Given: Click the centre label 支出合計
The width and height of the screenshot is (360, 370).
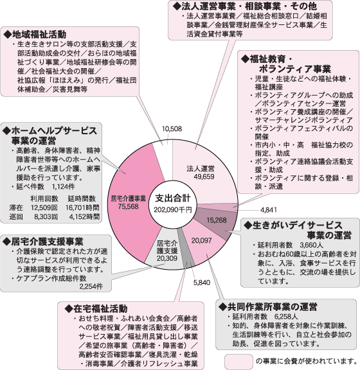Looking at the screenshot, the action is tap(173, 198).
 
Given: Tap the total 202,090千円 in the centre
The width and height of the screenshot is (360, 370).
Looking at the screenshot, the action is tap(173, 209).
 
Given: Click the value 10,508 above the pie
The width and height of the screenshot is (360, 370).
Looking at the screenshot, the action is tap(172, 129).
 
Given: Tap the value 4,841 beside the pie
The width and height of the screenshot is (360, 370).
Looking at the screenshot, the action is tap(269, 209).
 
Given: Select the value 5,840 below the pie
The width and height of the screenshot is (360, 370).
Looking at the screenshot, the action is tap(201, 283).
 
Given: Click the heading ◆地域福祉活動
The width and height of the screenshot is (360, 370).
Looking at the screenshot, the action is tap(35, 35).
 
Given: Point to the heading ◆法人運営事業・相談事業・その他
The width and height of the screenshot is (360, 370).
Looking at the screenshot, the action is tap(245, 6).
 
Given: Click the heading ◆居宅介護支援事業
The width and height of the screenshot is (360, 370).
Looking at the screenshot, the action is tap(43, 242).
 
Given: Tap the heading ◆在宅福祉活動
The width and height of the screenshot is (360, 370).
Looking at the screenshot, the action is tap(96, 308).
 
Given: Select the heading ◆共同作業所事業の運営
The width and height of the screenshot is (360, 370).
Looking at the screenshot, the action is tap(267, 307).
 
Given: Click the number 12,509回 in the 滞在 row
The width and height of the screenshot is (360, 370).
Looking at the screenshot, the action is tap(44, 207).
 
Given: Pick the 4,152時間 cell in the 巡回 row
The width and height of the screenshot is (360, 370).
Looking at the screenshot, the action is tap(84, 216).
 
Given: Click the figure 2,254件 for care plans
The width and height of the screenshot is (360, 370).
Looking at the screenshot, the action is tap(91, 286).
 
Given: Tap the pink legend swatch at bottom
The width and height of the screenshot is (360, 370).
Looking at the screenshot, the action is tap(239, 361).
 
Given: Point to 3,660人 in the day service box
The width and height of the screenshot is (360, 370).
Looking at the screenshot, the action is tap(311, 245).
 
